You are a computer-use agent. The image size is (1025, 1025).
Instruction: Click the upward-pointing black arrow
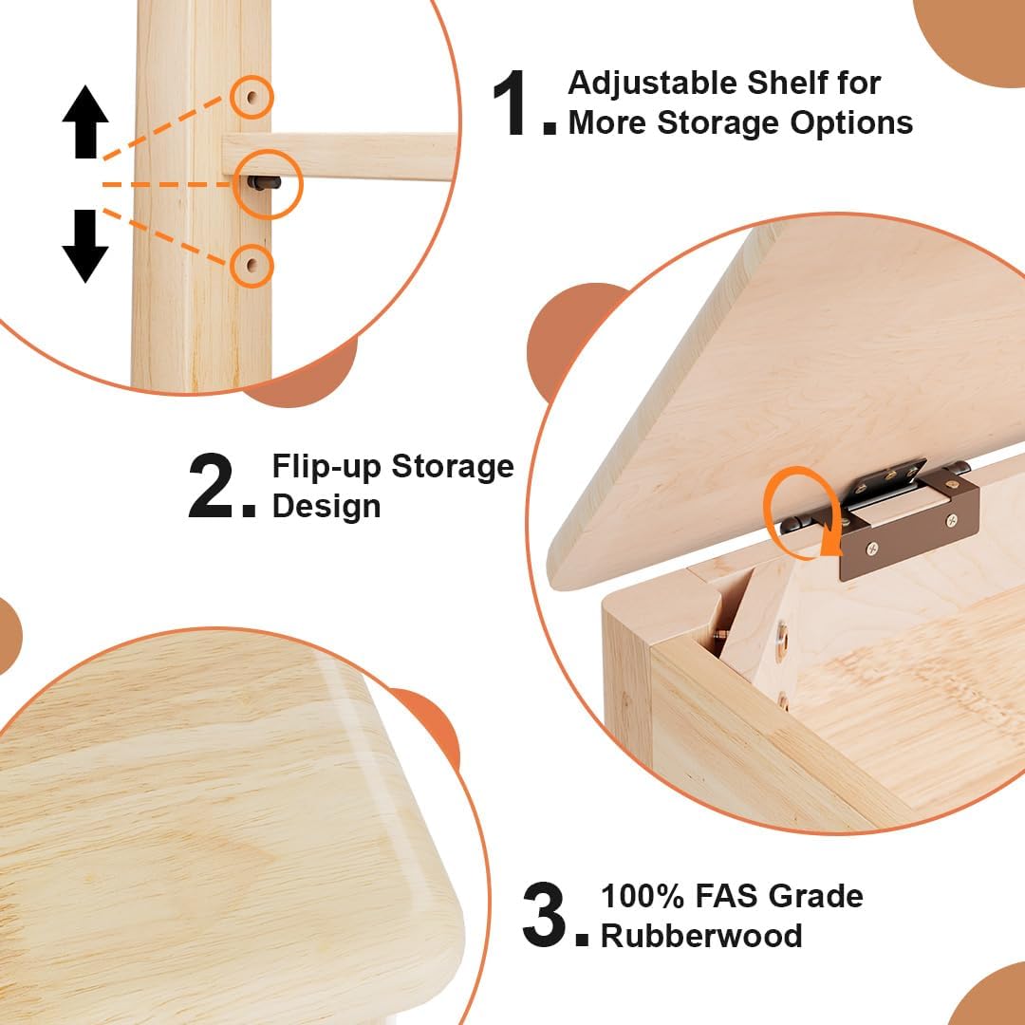[x=85, y=121]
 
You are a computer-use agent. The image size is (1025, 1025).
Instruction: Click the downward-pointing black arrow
[x=85, y=246]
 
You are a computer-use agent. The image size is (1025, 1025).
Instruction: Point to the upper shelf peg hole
[x=252, y=98]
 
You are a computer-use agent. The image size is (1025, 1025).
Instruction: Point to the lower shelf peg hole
[x=252, y=266]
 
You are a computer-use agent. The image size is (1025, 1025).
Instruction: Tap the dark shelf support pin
[x=264, y=183]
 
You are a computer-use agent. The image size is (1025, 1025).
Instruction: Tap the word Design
[x=326, y=506]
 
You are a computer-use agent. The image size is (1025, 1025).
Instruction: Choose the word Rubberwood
[x=701, y=936]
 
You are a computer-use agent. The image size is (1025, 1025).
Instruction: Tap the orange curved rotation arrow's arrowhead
[x=830, y=544]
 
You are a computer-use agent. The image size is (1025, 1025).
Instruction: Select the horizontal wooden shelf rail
[x=340, y=156]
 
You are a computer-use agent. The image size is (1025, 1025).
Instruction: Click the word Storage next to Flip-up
[x=453, y=468]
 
